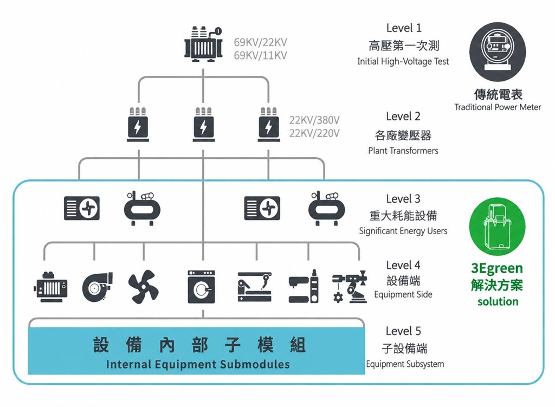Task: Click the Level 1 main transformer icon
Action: click(x=204, y=44)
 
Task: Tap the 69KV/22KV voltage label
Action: click(x=260, y=42)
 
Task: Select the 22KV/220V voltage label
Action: click(x=314, y=133)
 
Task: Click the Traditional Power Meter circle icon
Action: click(x=498, y=52)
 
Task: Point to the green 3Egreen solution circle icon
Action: click(x=498, y=227)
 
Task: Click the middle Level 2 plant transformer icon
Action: click(x=204, y=125)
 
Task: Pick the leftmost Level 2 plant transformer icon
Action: click(x=138, y=125)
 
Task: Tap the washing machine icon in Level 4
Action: click(x=202, y=287)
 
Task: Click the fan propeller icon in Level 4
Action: click(x=143, y=287)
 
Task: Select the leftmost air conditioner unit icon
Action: click(x=82, y=208)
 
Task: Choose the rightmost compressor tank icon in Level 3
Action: click(x=326, y=209)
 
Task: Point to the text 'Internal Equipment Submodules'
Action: click(x=198, y=364)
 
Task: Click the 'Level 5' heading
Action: click(x=403, y=331)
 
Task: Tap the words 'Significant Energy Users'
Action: click(x=403, y=231)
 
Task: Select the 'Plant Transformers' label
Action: click(x=403, y=151)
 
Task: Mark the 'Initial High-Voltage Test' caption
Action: click(x=403, y=62)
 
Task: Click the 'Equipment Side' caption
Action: click(x=403, y=294)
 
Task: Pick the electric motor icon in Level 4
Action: click(x=50, y=287)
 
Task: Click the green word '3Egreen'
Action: click(x=497, y=269)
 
